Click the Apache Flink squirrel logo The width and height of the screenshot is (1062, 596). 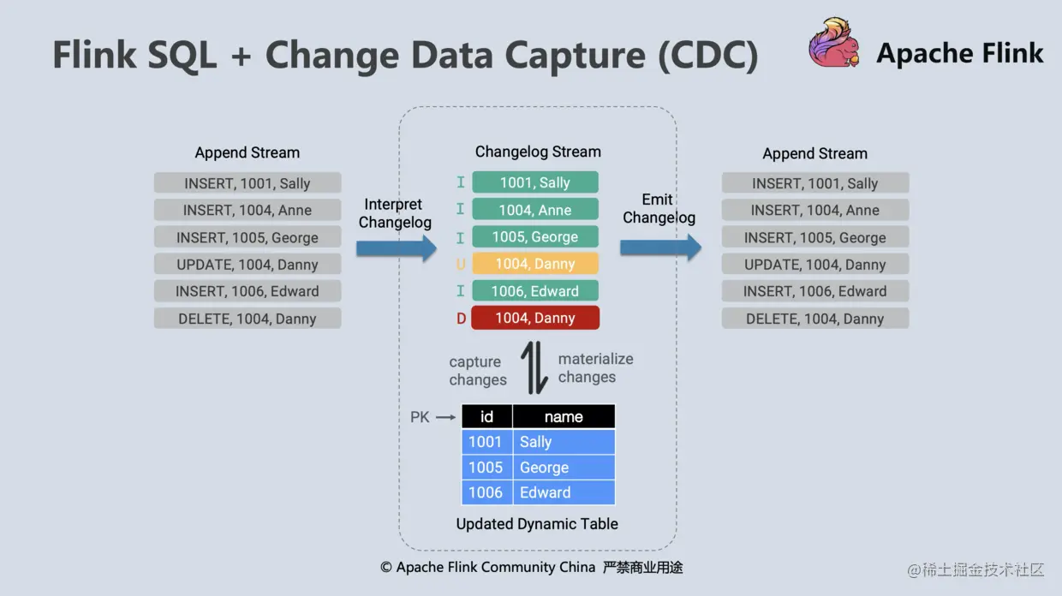pyautogui.click(x=834, y=44)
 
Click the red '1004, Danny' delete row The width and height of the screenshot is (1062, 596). pyautogui.click(x=535, y=318)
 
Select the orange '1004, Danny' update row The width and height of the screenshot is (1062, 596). pyautogui.click(x=535, y=264)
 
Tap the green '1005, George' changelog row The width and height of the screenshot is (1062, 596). pyautogui.click(x=535, y=237)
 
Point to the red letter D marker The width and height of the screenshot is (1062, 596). pyautogui.click(x=461, y=319)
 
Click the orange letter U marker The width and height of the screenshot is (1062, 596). pyautogui.click(x=461, y=265)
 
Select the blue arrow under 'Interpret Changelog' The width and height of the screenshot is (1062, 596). pyautogui.click(x=397, y=248)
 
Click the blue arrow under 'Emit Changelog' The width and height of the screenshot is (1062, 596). pyautogui.click(x=660, y=247)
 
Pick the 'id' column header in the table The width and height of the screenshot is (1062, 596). pyautogui.click(x=486, y=417)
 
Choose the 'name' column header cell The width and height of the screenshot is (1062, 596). pyautogui.click(x=564, y=417)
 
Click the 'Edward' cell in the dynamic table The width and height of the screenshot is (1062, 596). pyautogui.click(x=564, y=492)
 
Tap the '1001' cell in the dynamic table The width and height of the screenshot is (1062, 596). pyautogui.click(x=486, y=442)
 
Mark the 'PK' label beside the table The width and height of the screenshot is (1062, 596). pyautogui.click(x=420, y=417)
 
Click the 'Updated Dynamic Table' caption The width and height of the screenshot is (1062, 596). pyautogui.click(x=537, y=523)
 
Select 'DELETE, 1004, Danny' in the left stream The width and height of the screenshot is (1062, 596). pyautogui.click(x=248, y=319)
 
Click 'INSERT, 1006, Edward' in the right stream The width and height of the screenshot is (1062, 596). pyautogui.click(x=814, y=291)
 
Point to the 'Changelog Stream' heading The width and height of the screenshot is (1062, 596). pyautogui.click(x=538, y=152)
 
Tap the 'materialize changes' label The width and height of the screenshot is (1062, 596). pyautogui.click(x=595, y=368)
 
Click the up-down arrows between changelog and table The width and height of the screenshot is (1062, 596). pyautogui.click(x=534, y=368)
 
